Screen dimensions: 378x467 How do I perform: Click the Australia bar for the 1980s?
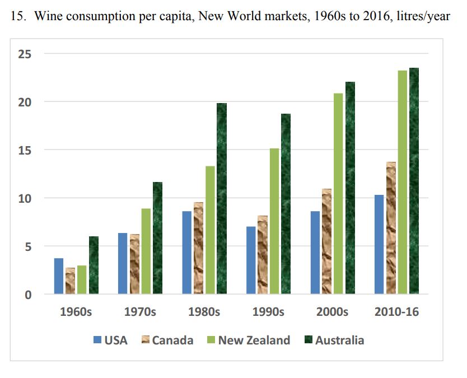tap(222, 199)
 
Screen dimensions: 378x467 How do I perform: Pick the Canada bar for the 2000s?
tap(326, 241)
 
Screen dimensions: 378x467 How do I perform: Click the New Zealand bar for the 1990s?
tap(274, 221)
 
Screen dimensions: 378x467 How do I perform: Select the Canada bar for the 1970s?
tap(134, 264)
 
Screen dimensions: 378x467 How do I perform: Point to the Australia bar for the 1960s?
tap(94, 265)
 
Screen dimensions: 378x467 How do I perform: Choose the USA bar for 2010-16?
tap(379, 245)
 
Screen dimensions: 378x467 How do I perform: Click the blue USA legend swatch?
tap(97, 340)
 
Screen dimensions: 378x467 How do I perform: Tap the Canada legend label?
tap(172, 340)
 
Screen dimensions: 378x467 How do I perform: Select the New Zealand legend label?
tap(254, 340)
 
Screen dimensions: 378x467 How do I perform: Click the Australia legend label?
tap(339, 340)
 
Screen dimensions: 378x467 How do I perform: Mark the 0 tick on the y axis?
tap(27, 295)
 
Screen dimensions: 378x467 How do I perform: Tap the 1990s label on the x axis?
tap(268, 312)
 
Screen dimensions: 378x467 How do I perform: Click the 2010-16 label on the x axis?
tap(396, 312)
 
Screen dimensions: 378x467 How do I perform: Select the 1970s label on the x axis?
tap(140, 312)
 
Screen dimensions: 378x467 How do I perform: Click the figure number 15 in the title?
tap(17, 16)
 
